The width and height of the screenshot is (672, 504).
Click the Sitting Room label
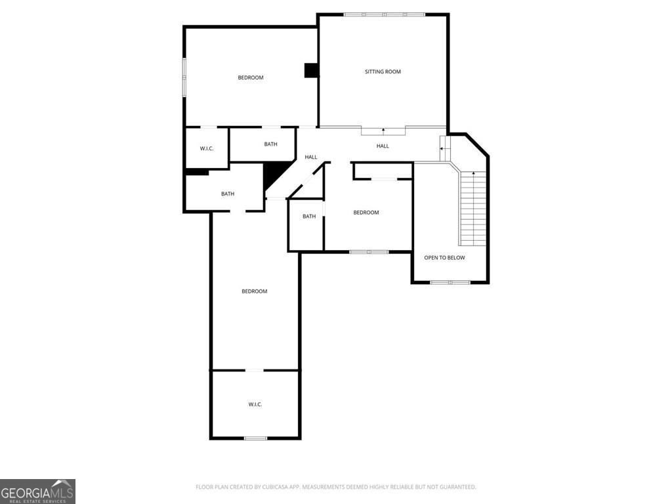pyautogui.click(x=383, y=72)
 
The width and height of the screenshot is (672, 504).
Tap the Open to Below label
pyautogui.click(x=444, y=257)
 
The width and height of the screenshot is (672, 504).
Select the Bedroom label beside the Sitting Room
pyautogui.click(x=251, y=77)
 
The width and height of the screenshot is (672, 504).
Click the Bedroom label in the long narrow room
pyautogui.click(x=255, y=291)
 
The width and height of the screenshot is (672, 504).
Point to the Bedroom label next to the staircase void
pyautogui.click(x=366, y=213)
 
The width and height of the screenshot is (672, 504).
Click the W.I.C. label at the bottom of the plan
pyautogui.click(x=255, y=404)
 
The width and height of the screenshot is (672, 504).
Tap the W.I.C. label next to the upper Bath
pyautogui.click(x=207, y=149)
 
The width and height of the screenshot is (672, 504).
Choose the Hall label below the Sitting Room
pyautogui.click(x=383, y=146)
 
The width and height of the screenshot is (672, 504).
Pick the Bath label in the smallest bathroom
pyautogui.click(x=309, y=217)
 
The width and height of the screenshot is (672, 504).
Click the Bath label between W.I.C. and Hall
pyautogui.click(x=270, y=144)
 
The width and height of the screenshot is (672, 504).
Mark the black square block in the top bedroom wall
pyautogui.click(x=311, y=71)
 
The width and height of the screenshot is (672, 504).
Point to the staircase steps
pyautogui.click(x=472, y=209)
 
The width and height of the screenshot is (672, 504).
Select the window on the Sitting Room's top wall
pyautogui.click(x=384, y=14)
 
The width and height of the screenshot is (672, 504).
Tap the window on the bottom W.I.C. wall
pyautogui.click(x=255, y=438)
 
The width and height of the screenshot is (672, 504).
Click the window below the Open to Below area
pyautogui.click(x=450, y=282)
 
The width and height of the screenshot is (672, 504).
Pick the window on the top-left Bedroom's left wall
pyautogui.click(x=184, y=77)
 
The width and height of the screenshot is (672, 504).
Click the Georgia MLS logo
pyautogui.click(x=37, y=492)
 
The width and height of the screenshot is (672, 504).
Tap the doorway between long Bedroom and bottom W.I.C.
pyautogui.click(x=254, y=370)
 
